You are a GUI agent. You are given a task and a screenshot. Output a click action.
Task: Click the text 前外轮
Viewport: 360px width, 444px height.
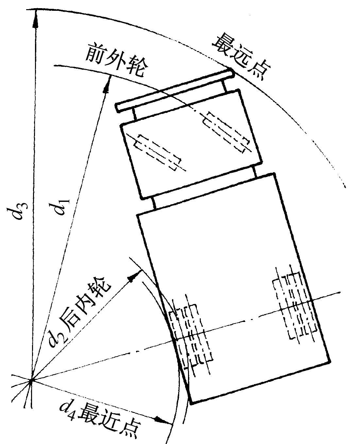[117, 61]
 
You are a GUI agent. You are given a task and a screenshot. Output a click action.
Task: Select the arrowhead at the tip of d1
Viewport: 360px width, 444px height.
[107, 84]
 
